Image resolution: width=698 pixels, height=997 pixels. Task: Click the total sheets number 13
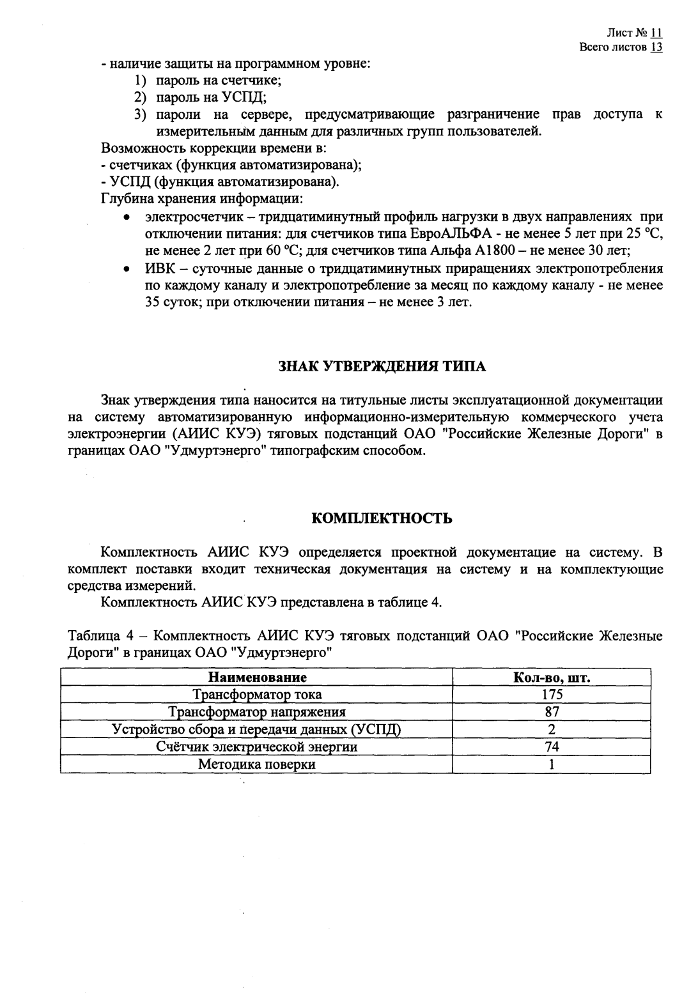pyautogui.click(x=656, y=47)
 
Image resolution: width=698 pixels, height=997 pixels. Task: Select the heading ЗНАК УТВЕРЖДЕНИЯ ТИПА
pyautogui.click(x=382, y=367)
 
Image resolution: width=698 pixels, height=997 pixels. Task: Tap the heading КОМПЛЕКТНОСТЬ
pyautogui.click(x=382, y=518)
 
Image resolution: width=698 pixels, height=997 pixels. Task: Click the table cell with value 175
pyautogui.click(x=552, y=695)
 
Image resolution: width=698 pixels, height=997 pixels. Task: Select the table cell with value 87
pyautogui.click(x=552, y=712)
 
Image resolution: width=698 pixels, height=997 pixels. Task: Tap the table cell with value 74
pyautogui.click(x=552, y=746)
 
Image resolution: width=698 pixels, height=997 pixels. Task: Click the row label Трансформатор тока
pyautogui.click(x=258, y=695)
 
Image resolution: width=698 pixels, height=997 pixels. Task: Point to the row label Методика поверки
pyautogui.click(x=257, y=764)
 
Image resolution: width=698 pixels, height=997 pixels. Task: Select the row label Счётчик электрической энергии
pyautogui.click(x=257, y=746)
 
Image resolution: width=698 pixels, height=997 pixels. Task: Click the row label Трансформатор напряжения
pyautogui.click(x=257, y=712)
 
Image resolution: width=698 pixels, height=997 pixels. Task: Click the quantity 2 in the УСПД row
pyautogui.click(x=552, y=729)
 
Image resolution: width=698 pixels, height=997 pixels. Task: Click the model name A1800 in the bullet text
pyautogui.click(x=499, y=250)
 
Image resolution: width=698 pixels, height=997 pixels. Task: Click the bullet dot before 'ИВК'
pyautogui.click(x=128, y=268)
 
